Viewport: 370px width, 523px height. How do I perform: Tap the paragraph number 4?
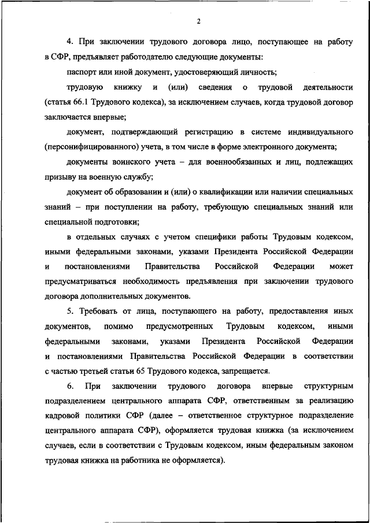[70, 42]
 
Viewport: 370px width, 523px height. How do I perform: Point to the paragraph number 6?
[69, 386]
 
